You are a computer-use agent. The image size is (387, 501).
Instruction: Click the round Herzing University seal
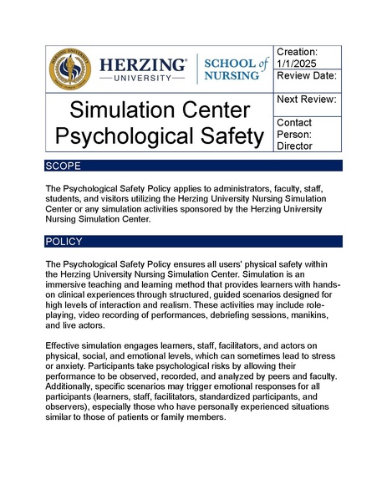[71, 69]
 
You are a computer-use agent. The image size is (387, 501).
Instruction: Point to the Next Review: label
[307, 100]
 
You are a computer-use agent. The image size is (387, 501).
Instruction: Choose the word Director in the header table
[293, 146]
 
